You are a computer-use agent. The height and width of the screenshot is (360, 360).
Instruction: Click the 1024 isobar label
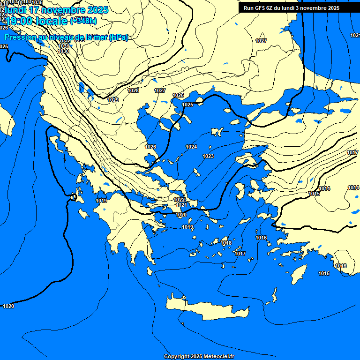pyautogui.click(x=191, y=147)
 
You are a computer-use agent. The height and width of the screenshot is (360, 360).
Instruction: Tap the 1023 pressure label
pyautogui.click(x=208, y=156)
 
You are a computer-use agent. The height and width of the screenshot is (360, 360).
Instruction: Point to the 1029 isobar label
pyautogui.click(x=113, y=100)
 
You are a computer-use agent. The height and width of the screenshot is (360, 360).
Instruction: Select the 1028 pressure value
pyautogui.click(x=133, y=90)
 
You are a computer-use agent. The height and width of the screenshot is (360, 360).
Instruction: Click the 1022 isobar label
pyautogui.click(x=179, y=200)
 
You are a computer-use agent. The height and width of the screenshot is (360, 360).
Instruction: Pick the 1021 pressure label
pyautogui.click(x=181, y=205)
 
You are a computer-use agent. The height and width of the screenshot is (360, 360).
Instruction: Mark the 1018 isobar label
pyautogui.click(x=226, y=243)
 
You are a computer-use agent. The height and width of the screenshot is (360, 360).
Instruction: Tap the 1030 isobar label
pyautogui.click(x=64, y=51)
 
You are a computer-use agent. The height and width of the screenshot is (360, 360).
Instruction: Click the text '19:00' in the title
pyautogui.click(x=19, y=21)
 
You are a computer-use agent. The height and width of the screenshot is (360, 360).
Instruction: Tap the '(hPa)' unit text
pyautogui.click(x=118, y=37)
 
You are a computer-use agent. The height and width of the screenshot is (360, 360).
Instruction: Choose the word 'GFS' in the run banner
pyautogui.click(x=259, y=8)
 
